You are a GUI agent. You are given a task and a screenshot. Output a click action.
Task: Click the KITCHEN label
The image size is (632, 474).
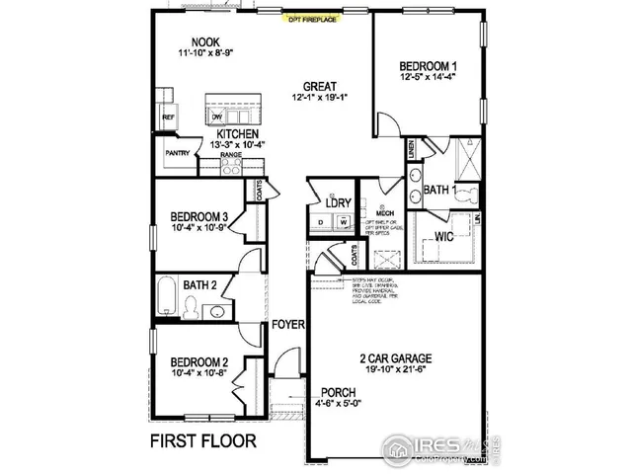click(238, 133)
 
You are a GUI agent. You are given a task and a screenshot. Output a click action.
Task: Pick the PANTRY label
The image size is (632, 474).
click(178, 153)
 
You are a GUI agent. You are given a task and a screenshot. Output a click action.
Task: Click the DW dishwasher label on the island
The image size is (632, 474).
click(217, 116)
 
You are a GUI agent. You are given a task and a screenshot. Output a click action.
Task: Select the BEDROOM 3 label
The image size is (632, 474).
click(199, 217)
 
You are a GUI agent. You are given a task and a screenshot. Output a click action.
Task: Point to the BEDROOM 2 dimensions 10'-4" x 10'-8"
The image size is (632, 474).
click(199, 372)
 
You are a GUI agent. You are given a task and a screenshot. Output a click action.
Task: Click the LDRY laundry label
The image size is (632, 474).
click(337, 203)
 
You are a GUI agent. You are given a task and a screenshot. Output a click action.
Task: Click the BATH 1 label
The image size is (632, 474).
click(439, 189)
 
